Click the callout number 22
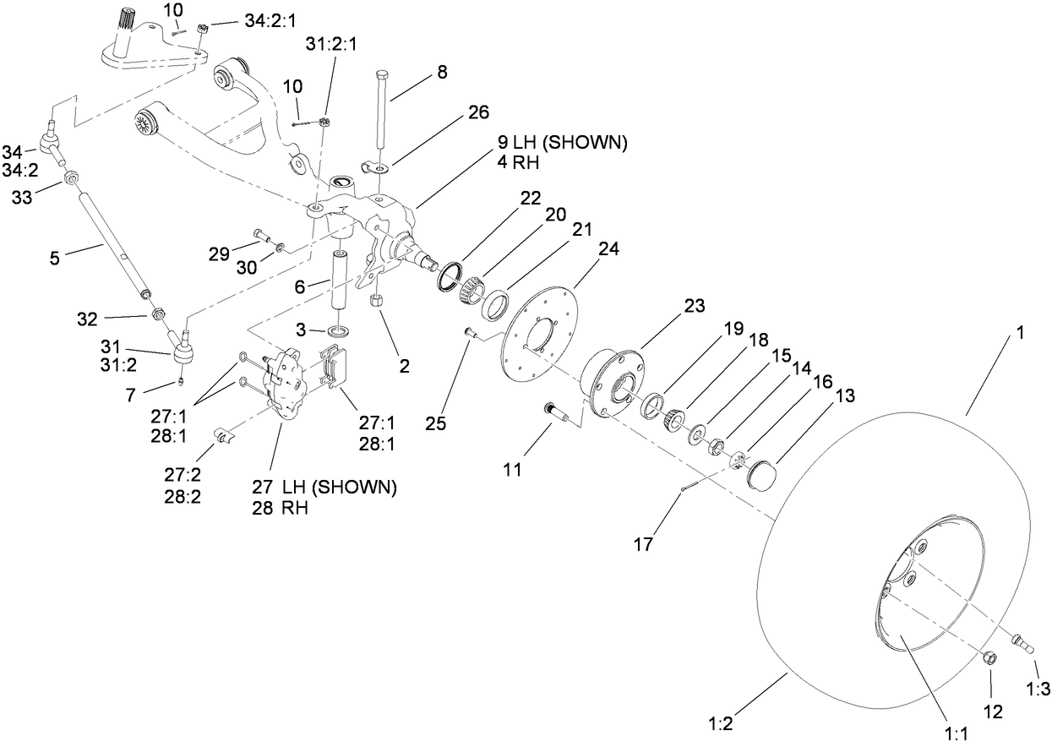click(530, 198)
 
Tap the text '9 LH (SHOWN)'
click(563, 143)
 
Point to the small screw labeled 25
click(471, 334)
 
